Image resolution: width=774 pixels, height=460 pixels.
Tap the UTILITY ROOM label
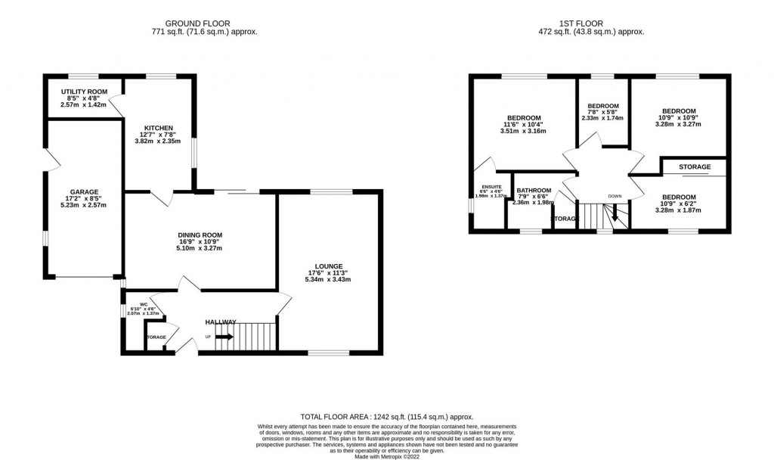tap(85, 92)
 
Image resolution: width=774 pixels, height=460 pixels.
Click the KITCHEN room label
tap(159, 128)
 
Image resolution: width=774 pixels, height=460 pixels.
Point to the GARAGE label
tap(84, 191)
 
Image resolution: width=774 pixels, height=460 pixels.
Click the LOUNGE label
tap(330, 266)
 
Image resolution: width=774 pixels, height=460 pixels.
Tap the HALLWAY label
tap(221, 322)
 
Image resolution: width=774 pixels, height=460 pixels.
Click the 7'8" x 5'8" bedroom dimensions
tap(603, 112)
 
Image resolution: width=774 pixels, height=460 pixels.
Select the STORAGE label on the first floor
tap(694, 167)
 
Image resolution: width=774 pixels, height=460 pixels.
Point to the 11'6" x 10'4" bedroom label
tap(523, 124)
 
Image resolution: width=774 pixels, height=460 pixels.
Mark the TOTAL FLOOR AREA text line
tap(387, 417)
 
